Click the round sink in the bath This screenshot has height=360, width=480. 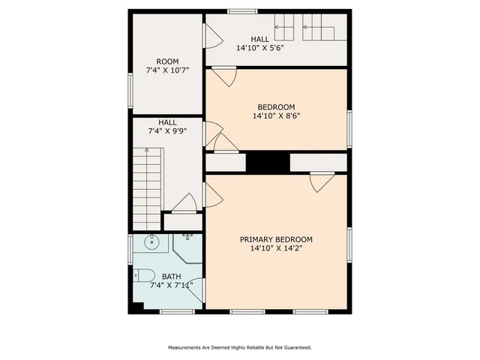pos(151,241)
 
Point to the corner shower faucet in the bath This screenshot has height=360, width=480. pos(187,237)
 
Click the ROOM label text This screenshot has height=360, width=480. pos(167,61)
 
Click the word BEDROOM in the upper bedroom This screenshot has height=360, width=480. pos(276,106)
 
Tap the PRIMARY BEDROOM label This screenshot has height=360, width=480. pos(276,240)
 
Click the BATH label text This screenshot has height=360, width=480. pos(171,277)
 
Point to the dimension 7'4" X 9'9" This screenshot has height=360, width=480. pos(166,130)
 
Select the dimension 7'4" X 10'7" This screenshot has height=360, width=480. pos(167,70)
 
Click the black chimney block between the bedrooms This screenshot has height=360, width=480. pos(268,163)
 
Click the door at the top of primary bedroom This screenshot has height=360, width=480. pos(322,180)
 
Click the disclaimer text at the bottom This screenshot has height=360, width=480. pos(239,347)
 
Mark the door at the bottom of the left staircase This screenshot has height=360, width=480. pos(184,203)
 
